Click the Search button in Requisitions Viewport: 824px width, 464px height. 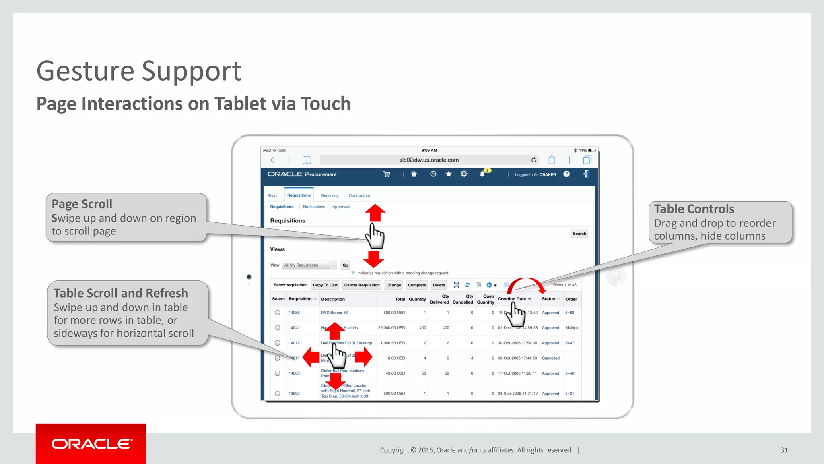pos(579,234)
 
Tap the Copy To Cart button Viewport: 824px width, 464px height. pos(325,285)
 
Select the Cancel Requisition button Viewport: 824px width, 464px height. pos(362,285)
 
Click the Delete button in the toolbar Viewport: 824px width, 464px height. pos(439,285)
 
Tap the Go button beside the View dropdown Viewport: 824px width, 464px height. pos(345,265)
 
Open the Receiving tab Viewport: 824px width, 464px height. pos(330,196)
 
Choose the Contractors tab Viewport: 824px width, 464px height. pos(359,196)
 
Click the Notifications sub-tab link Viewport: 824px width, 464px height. pos(314,207)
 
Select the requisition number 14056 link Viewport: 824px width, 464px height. pos(294,313)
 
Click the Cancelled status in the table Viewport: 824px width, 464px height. pos(550,358)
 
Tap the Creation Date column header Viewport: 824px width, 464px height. pos(512,299)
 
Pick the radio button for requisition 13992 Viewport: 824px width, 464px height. pos(278,394)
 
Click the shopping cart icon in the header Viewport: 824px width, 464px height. pos(387,174)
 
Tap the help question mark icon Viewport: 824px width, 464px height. pos(566,174)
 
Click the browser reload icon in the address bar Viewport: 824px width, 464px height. pos(534,160)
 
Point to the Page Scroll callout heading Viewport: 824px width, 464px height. pos(82,204)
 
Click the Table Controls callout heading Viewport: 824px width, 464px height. pos(694,209)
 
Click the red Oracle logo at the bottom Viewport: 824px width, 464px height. pos(91,444)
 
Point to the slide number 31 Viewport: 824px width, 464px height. pos(784,450)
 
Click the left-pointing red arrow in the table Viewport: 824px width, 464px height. pos(311,357)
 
